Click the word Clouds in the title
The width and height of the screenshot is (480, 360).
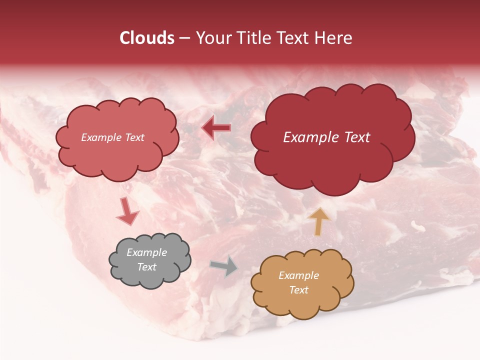tap(146, 38)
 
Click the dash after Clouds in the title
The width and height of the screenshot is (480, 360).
tap(184, 38)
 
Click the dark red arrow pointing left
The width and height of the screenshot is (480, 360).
tap(216, 128)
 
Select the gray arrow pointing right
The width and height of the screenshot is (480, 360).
tap(224, 266)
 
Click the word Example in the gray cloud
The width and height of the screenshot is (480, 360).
tap(146, 252)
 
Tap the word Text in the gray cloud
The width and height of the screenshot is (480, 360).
tap(146, 267)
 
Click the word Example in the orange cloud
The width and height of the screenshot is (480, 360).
tap(298, 275)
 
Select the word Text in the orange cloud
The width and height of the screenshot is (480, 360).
tap(298, 290)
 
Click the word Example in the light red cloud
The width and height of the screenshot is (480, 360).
tap(102, 137)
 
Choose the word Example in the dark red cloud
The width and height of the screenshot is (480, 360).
tap(307, 137)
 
